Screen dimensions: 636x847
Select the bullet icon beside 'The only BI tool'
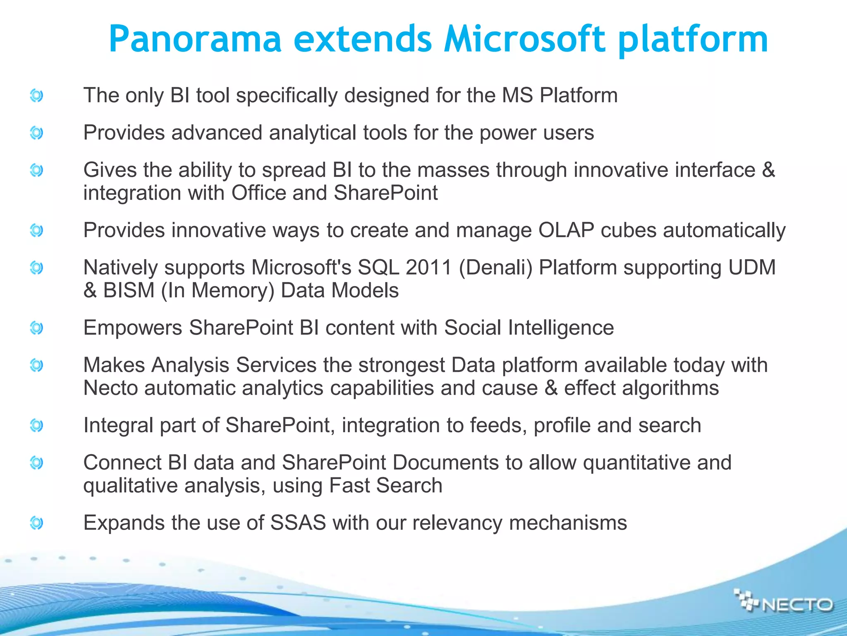[x=36, y=96]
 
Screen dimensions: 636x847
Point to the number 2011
[x=428, y=267]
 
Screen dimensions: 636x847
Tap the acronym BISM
[x=129, y=290]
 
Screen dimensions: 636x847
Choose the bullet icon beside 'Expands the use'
[x=36, y=523]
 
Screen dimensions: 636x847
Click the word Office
[x=258, y=193]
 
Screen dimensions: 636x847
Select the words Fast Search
[x=385, y=485]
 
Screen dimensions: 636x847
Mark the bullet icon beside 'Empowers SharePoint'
[x=36, y=328]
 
